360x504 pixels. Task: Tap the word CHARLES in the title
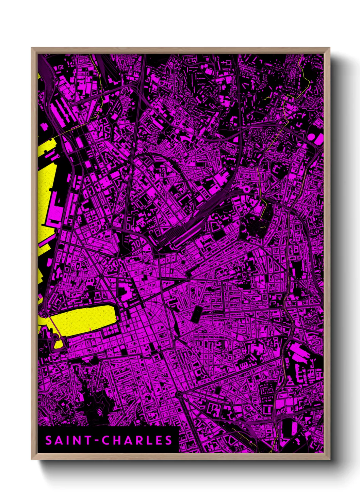pyautogui.click(x=137, y=440)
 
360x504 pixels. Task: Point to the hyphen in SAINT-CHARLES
pyautogui.click(x=96, y=441)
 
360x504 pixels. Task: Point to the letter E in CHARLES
pyautogui.click(x=159, y=440)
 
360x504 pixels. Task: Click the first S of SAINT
pyautogui.click(x=49, y=440)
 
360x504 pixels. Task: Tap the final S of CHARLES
pyautogui.click(x=168, y=440)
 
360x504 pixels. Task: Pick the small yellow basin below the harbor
pyautogui.click(x=59, y=345)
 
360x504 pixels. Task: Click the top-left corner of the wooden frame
pyautogui.click(x=32, y=48)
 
